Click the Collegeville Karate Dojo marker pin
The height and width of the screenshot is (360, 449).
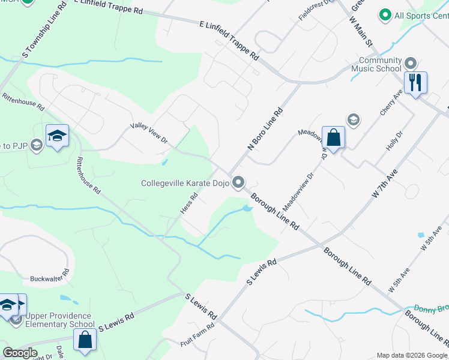239,182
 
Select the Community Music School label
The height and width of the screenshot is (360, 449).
380,64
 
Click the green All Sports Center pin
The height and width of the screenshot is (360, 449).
385,15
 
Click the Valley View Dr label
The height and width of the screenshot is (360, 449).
149,133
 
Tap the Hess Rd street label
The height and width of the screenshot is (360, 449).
188,205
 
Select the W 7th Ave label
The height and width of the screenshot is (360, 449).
385,184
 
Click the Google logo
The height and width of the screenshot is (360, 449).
20,353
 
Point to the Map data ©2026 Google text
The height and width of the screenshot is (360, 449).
411,355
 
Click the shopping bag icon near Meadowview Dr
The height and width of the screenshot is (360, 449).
333,137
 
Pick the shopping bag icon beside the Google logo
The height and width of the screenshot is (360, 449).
85,340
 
